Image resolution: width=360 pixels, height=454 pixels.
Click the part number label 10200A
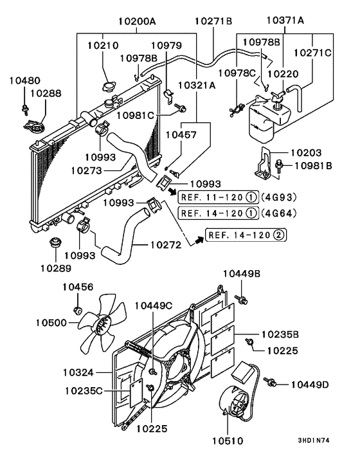pos(136,21)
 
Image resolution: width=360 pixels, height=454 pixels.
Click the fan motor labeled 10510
pos(237,403)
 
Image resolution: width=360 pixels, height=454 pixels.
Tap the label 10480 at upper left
pos(24,81)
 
